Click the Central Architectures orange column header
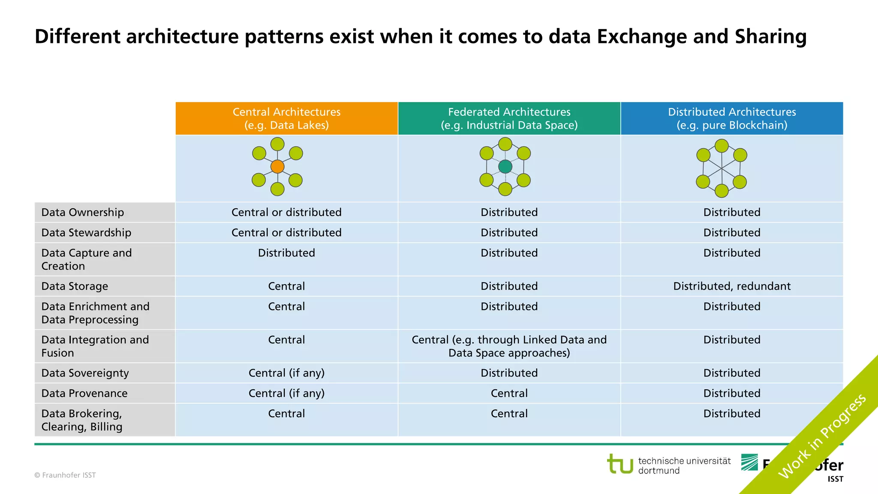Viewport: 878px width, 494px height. click(286, 118)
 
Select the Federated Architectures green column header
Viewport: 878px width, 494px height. click(509, 118)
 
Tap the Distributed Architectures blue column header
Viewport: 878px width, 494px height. click(731, 118)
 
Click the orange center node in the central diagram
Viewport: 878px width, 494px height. click(277, 166)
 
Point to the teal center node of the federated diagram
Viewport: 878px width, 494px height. click(505, 166)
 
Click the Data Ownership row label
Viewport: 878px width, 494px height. click(83, 212)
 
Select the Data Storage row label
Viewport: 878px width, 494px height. click(75, 286)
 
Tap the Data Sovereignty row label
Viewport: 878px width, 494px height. click(85, 373)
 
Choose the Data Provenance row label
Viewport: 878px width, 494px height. click(84, 393)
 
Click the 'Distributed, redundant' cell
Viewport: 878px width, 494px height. click(731, 286)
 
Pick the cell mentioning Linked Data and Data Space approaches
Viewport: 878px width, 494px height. click(509, 346)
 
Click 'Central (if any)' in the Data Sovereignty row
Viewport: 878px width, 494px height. click(286, 373)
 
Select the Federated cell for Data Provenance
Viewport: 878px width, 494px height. click(509, 393)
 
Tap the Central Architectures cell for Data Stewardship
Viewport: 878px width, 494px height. click(286, 232)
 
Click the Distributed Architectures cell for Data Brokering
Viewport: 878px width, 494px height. click(731, 414)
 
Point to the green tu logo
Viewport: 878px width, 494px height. click(620, 464)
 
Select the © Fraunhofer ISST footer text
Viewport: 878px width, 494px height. click(65, 475)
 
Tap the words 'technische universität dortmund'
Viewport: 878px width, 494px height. click(684, 466)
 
